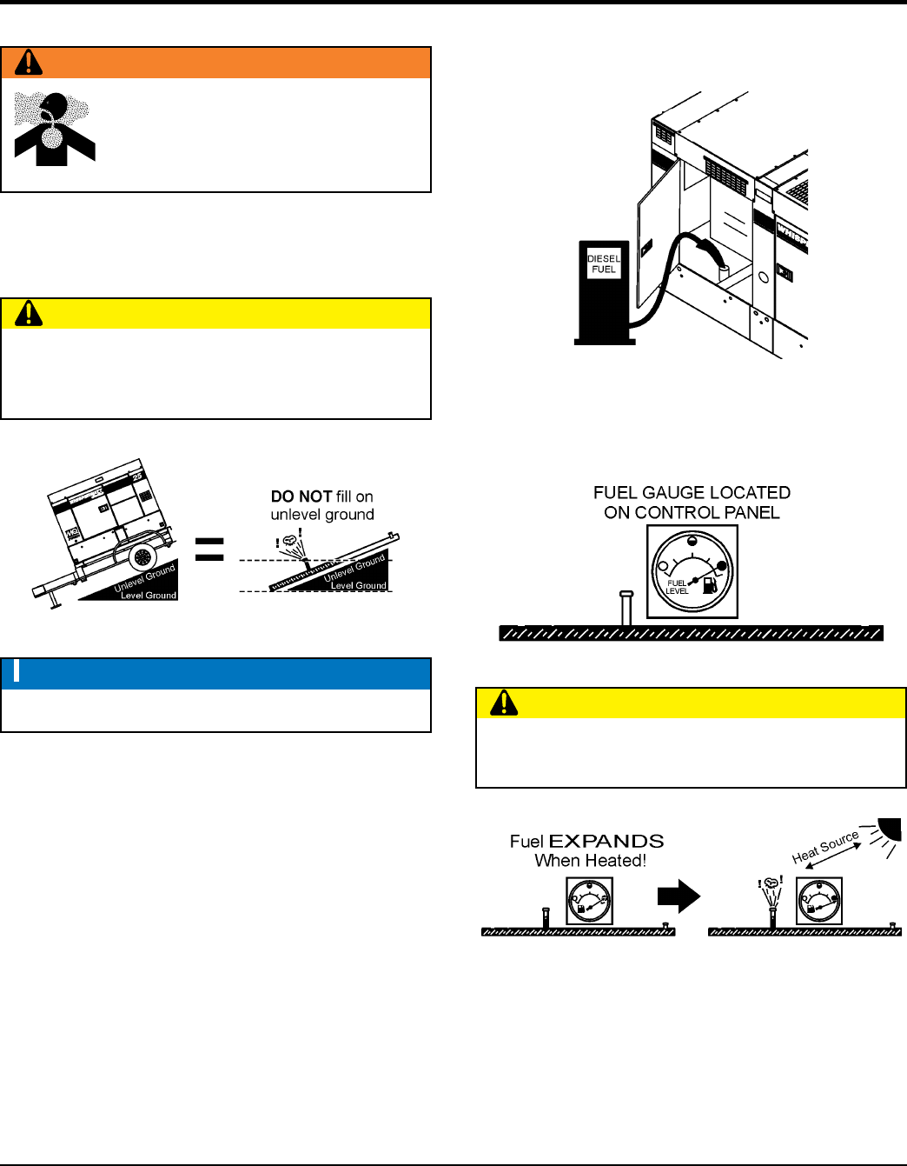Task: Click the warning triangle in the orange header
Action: click(x=29, y=62)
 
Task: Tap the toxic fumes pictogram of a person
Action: click(x=54, y=129)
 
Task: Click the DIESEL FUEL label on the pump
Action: click(x=604, y=264)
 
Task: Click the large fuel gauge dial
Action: click(x=692, y=571)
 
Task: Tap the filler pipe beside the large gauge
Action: click(x=626, y=608)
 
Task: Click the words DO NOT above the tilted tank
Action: click(x=301, y=496)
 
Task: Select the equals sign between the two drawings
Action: click(x=209, y=549)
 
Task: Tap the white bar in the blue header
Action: click(x=17, y=672)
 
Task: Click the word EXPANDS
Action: click(x=606, y=842)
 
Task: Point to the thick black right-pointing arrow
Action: click(x=679, y=896)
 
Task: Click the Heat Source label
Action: click(x=825, y=846)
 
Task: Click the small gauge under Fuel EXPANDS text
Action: click(x=589, y=901)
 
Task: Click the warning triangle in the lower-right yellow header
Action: click(x=504, y=703)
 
